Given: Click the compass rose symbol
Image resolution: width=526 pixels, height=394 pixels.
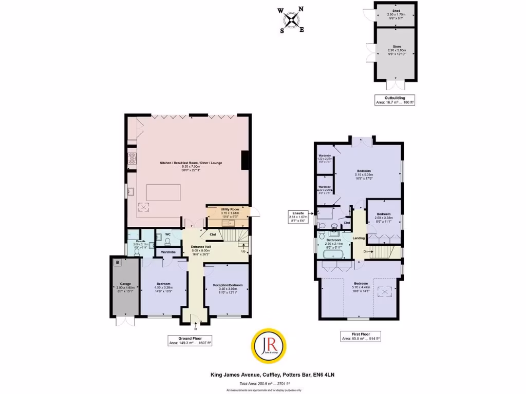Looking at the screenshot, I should pyautogui.click(x=292, y=20).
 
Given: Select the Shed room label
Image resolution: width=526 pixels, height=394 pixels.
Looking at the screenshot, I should pyautogui.click(x=396, y=10).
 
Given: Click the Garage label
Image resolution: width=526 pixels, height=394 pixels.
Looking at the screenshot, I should pyautogui.click(x=126, y=284).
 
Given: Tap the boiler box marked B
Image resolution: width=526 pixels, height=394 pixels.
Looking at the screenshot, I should pyautogui.click(x=118, y=263).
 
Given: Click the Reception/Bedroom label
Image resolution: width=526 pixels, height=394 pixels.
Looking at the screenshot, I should pyautogui.click(x=228, y=285).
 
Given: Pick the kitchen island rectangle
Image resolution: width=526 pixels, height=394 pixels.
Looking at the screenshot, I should pyautogui.click(x=164, y=192).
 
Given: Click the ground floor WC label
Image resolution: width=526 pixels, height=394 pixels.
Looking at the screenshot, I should pyautogui.click(x=167, y=234).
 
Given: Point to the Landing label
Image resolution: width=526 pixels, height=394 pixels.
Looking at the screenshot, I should pyautogui.click(x=359, y=238).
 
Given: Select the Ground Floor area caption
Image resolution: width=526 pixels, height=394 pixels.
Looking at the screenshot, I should pyautogui.click(x=191, y=340).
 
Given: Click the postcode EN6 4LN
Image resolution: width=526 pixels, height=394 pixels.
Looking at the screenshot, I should pyautogui.click(x=325, y=375).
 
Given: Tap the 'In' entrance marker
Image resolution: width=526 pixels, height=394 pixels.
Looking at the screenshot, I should pyautogui.click(x=196, y=329).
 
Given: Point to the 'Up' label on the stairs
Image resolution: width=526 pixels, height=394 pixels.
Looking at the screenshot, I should pyautogui.click(x=243, y=251).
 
